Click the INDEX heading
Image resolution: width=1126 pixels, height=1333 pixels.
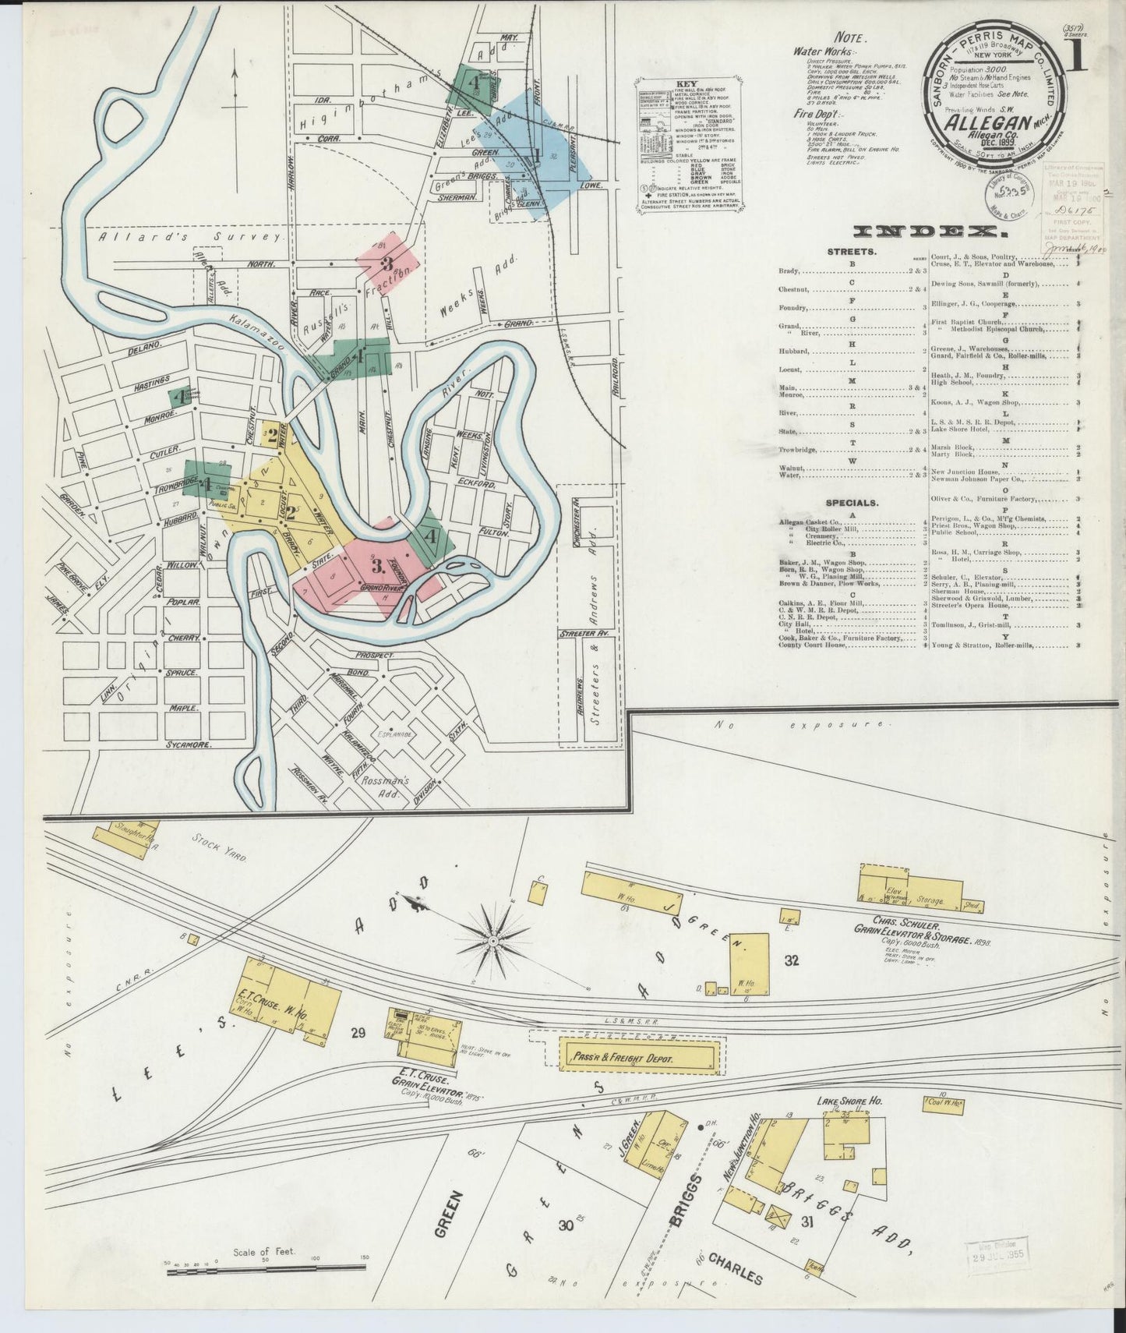click(927, 232)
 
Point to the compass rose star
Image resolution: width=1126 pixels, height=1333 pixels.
click(493, 940)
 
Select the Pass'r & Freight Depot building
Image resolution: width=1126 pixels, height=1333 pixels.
click(637, 1058)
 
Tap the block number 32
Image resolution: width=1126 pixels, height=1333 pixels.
click(792, 960)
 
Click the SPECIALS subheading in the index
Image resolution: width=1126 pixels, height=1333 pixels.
click(852, 504)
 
